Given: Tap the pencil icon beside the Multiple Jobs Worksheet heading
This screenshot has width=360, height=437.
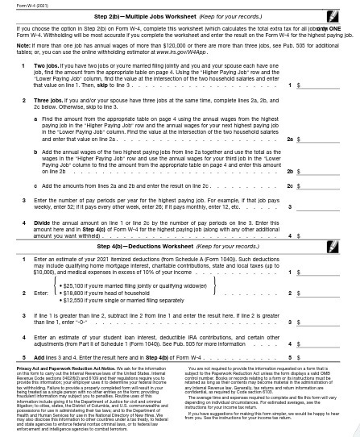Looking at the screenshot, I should coord(346,15).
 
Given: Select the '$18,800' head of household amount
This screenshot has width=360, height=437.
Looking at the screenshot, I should coord(73,292).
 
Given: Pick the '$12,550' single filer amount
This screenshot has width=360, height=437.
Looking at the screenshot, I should coord(73,300).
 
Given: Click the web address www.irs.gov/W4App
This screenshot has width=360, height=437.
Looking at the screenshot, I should coord(182,51).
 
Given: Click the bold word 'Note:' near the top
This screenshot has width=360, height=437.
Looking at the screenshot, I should coord(23,45).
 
